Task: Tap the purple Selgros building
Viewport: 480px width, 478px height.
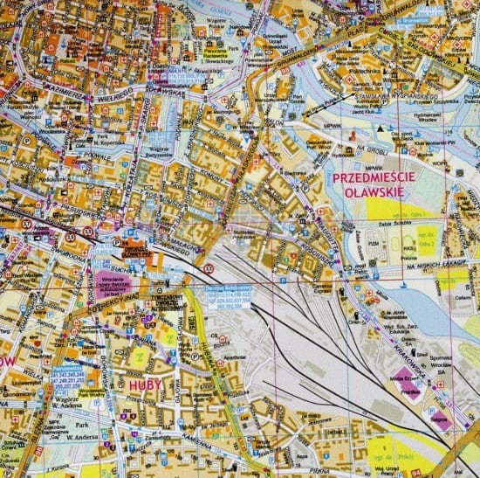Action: click(440, 420)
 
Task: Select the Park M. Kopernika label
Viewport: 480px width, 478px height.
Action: click(109, 141)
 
